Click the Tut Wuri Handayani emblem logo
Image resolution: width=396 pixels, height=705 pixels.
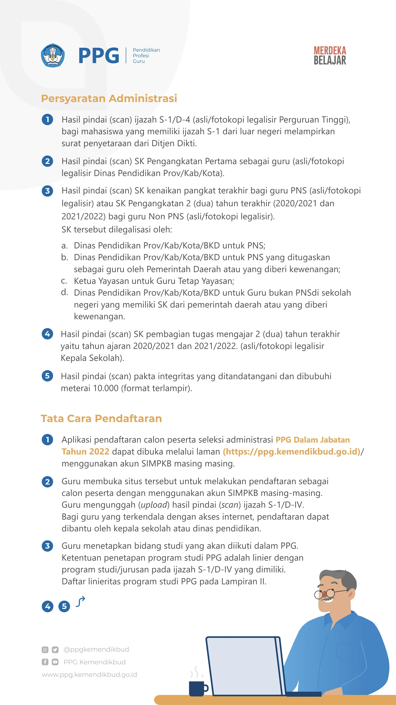coord(53,55)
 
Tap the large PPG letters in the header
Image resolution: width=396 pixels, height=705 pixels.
coord(99,56)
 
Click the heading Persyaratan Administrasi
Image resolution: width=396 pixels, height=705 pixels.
coord(109,98)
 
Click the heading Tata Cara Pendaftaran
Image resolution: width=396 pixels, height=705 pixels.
coord(101,419)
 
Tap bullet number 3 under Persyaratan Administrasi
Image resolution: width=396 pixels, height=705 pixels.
coord(47,191)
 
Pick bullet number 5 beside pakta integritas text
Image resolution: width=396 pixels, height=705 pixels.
coord(47,376)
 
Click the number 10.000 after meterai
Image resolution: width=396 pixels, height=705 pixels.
coord(106,388)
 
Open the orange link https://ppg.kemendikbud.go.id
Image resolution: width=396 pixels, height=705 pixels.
coord(292,452)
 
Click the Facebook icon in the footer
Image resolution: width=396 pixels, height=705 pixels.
coord(45,662)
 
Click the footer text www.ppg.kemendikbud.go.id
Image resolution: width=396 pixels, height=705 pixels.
coord(89,675)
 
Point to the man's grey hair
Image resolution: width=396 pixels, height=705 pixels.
coord(342,577)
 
